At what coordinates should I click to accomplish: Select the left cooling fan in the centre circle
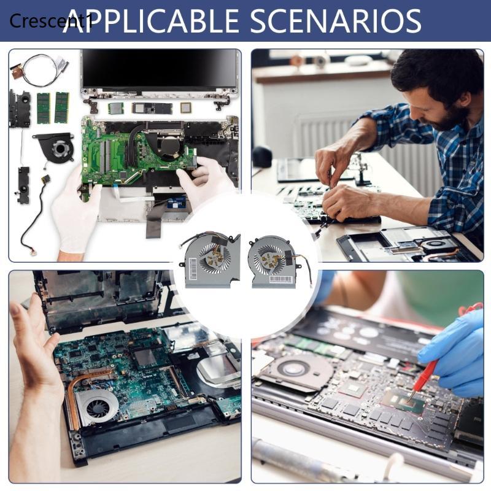point(209,258)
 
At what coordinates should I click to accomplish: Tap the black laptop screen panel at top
point(160,71)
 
